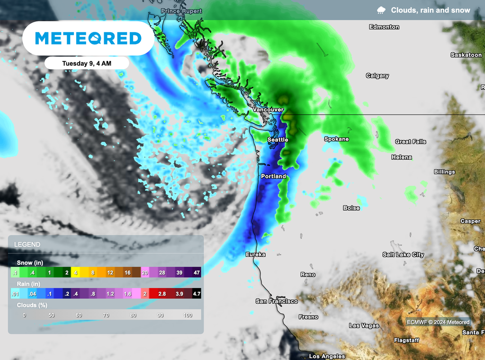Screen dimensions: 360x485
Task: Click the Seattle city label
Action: click(x=278, y=140)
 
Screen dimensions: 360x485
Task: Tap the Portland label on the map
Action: click(x=273, y=176)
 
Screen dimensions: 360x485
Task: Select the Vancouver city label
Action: click(x=268, y=109)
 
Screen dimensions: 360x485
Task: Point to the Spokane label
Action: click(x=336, y=139)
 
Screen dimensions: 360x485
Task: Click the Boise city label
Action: click(x=351, y=208)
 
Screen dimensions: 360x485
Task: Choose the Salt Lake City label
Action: click(x=403, y=255)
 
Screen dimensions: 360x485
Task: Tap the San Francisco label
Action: click(x=277, y=301)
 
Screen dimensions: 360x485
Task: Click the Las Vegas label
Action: click(x=364, y=326)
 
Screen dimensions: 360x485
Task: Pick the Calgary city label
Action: click(x=377, y=76)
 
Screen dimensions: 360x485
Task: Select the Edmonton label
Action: click(x=384, y=27)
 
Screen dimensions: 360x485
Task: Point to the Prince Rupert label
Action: click(x=181, y=11)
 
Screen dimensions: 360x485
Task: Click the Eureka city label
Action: click(x=255, y=254)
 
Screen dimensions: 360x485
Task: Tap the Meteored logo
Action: click(x=88, y=38)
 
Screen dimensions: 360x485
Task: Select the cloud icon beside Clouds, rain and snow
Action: click(x=381, y=10)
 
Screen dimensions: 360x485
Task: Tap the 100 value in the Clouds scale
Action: click(x=188, y=315)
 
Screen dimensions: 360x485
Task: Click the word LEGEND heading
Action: click(x=27, y=244)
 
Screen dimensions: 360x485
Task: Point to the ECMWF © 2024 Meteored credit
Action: click(x=438, y=322)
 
